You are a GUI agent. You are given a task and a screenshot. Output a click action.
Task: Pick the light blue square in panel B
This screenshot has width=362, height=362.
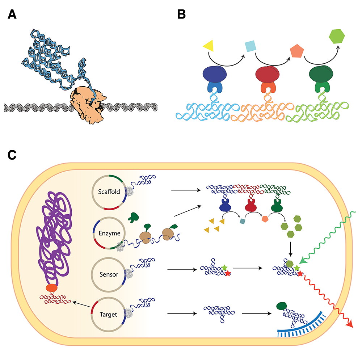click(250, 46)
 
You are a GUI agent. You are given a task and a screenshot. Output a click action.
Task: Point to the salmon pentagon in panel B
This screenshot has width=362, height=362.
click(296, 52)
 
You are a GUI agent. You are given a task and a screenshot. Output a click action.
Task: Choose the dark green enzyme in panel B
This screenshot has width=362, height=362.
click(320, 75)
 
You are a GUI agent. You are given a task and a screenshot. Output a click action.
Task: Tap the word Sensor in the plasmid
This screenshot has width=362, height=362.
click(108, 274)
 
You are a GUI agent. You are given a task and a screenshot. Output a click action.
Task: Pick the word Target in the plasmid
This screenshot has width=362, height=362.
click(108, 314)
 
